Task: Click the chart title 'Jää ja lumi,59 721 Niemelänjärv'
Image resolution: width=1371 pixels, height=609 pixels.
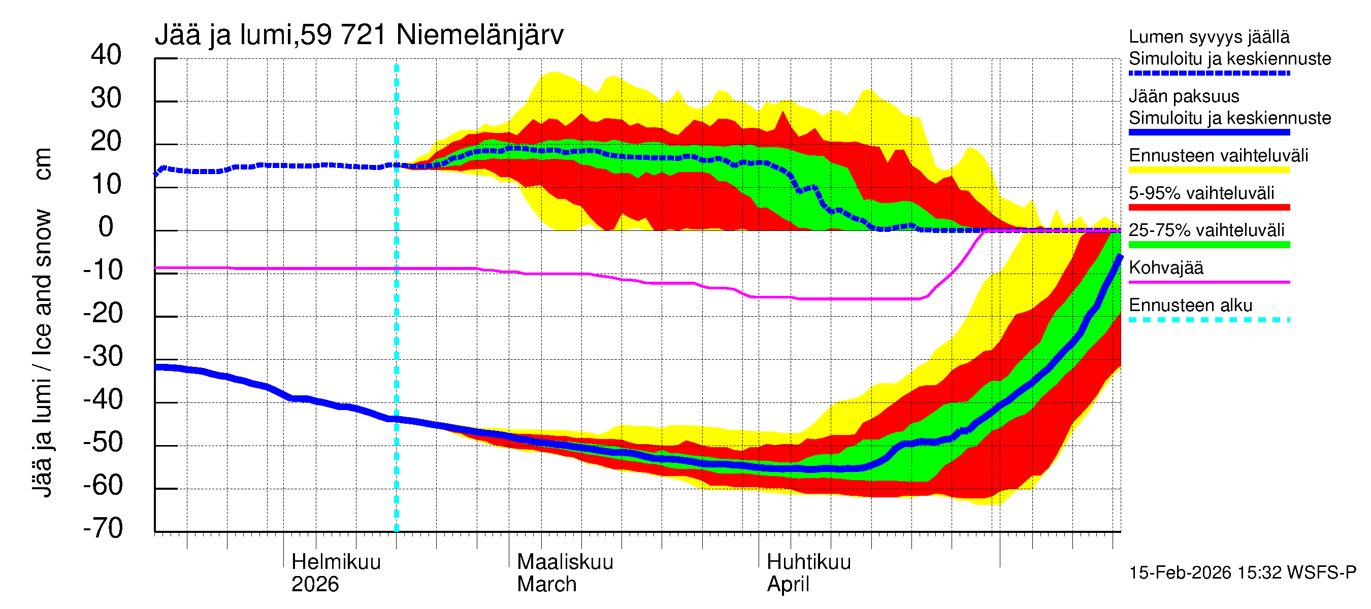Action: pyautogui.click(x=358, y=35)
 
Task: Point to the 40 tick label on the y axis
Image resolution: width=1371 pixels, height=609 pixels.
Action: pyautogui.click(x=106, y=55)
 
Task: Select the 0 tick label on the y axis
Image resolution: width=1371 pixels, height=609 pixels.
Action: pyautogui.click(x=106, y=227)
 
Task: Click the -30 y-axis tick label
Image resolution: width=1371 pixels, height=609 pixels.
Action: pyautogui.click(x=103, y=356)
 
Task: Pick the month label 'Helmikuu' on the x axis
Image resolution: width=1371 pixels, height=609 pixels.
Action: pyautogui.click(x=336, y=562)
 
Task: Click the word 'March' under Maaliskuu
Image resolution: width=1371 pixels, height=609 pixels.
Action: pyautogui.click(x=546, y=585)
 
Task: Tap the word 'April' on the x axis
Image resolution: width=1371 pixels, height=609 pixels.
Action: pyautogui.click(x=788, y=585)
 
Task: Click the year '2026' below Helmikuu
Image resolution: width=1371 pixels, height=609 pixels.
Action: pyautogui.click(x=315, y=585)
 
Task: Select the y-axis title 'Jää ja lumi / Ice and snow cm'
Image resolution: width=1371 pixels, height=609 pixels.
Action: pyautogui.click(x=43, y=322)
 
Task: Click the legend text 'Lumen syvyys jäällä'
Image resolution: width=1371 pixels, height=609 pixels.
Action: pyautogui.click(x=1209, y=37)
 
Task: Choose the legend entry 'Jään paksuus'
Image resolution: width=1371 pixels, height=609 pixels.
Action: pyautogui.click(x=1184, y=96)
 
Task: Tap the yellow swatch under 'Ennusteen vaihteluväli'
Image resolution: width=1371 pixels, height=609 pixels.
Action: pyautogui.click(x=1209, y=170)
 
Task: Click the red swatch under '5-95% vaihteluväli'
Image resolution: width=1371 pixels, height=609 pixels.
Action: pyautogui.click(x=1209, y=208)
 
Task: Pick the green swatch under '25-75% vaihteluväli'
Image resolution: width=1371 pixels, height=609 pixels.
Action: pyautogui.click(x=1209, y=245)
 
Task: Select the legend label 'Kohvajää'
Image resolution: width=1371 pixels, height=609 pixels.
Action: pyautogui.click(x=1166, y=267)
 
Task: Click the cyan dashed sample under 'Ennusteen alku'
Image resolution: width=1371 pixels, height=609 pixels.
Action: pyautogui.click(x=1209, y=320)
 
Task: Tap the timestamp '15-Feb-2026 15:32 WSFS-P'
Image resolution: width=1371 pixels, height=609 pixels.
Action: pyautogui.click(x=1243, y=573)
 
